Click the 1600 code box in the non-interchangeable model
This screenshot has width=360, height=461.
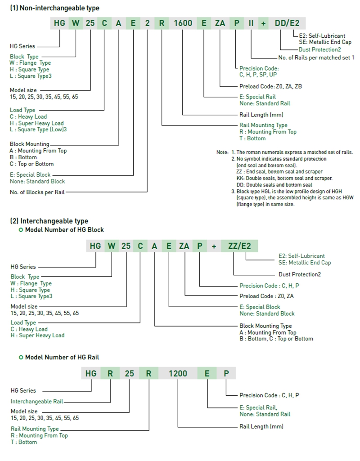pyautogui.click(x=183, y=23)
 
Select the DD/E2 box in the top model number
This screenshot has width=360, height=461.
pyautogui.click(x=287, y=23)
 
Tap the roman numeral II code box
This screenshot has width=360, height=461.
pyautogui.click(x=251, y=23)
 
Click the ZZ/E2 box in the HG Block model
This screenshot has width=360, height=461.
pyautogui.click(x=239, y=246)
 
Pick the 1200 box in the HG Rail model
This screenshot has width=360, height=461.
pyautogui.click(x=178, y=373)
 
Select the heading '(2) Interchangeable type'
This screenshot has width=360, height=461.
pyautogui.click(x=49, y=221)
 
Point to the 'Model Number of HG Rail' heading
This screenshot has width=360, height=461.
pyautogui.click(x=62, y=357)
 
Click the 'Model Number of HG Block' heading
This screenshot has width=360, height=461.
pyautogui.click(x=64, y=229)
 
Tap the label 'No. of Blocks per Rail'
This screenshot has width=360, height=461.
pyautogui.click(x=37, y=192)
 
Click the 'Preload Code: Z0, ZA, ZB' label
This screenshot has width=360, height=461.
pyautogui.click(x=270, y=86)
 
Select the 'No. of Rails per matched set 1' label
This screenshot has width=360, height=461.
pyautogui.click(x=316, y=58)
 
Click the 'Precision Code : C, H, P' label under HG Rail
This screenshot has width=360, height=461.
pyautogui.click(x=269, y=395)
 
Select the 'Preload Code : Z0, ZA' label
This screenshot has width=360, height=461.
pyautogui.click(x=267, y=296)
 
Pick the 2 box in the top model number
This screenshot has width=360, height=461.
pyautogui.click(x=148, y=23)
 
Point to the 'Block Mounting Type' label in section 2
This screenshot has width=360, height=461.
pyautogui.click(x=265, y=326)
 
